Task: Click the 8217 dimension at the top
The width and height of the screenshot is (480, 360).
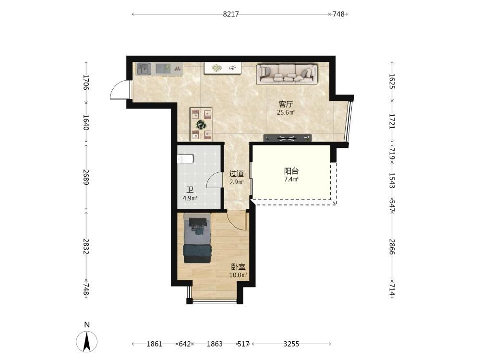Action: click(x=231, y=14)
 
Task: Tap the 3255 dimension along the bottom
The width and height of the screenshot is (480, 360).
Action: click(x=291, y=344)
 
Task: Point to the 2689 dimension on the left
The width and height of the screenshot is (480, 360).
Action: click(x=86, y=177)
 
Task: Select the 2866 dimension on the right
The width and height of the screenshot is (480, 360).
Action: click(x=392, y=246)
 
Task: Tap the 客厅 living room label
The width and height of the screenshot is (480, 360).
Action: click(x=286, y=104)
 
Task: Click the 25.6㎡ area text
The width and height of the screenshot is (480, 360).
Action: click(x=286, y=112)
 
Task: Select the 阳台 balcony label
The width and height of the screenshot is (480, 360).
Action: click(x=291, y=171)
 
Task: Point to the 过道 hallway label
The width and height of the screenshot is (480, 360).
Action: click(x=237, y=174)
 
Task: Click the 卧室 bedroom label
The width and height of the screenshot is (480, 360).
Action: click(x=238, y=267)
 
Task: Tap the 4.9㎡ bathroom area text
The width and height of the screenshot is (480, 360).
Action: click(x=190, y=198)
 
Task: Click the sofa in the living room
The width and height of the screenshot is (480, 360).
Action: click(x=287, y=74)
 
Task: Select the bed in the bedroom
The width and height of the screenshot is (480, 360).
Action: click(x=197, y=238)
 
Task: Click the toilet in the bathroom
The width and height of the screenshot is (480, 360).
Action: click(x=185, y=159)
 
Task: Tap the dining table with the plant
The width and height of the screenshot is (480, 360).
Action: click(x=201, y=124)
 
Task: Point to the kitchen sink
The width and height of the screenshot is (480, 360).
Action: click(x=144, y=69)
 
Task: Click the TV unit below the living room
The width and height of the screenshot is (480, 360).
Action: click(x=288, y=138)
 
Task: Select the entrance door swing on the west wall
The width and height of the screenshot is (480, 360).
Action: click(x=120, y=90)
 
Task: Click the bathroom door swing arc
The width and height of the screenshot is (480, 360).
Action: click(x=214, y=180)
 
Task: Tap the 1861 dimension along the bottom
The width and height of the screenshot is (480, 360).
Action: click(x=154, y=344)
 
